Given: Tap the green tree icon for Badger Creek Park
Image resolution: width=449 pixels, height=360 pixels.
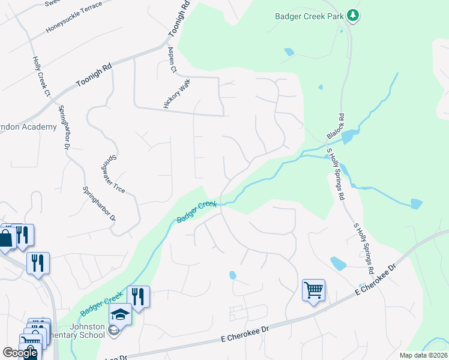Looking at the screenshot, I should click(x=354, y=16).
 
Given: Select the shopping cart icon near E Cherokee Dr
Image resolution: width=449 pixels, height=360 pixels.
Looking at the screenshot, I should click(x=313, y=291).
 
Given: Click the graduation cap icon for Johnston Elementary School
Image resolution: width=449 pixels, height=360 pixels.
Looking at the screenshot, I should click(x=120, y=314).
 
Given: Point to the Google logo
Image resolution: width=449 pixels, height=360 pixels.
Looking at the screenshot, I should click(x=20, y=353).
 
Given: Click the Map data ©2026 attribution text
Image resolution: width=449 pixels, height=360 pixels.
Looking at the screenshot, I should click(x=423, y=355).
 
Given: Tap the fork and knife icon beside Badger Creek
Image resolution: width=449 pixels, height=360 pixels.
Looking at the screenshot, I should click(x=139, y=297).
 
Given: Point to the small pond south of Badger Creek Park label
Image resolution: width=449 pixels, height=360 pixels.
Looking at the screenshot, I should click(x=289, y=52).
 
